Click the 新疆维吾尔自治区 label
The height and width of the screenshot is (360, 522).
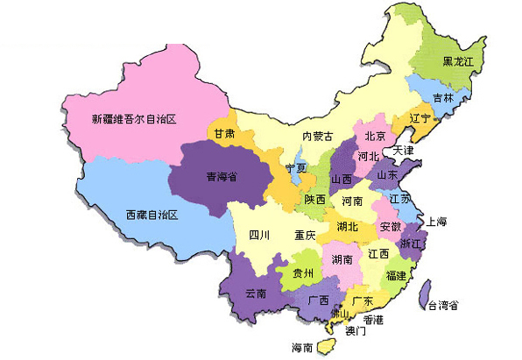tap(135, 117)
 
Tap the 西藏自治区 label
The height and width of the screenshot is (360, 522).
tap(152, 215)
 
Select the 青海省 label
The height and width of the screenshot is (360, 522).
tap(222, 176)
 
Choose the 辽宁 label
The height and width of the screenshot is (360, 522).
tap(420, 118)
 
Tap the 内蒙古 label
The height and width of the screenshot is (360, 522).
tap(317, 136)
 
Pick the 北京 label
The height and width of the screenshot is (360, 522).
tap(375, 136)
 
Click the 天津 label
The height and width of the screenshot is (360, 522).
tap(403, 151)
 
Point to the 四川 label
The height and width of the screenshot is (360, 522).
tap(259, 235)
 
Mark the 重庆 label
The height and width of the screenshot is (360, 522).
tap(305, 235)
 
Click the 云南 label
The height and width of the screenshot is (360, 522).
tap(256, 292)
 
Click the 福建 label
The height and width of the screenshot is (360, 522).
tap(396, 275)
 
